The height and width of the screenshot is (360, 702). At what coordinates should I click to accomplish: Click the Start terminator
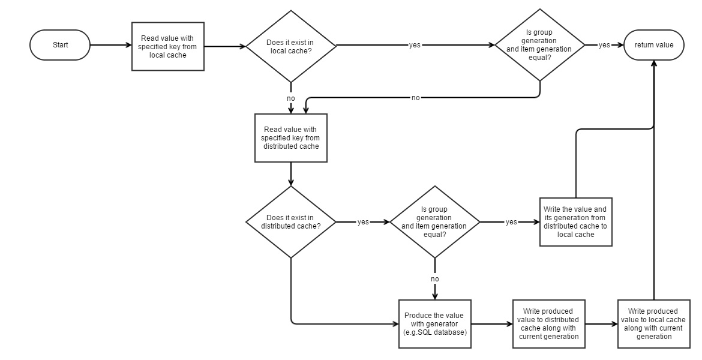coord(60,45)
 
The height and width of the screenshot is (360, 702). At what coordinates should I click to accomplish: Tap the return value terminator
coord(654,45)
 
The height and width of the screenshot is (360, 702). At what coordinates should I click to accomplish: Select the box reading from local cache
coord(168,46)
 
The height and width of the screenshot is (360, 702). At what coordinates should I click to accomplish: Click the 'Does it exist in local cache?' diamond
coord(291,46)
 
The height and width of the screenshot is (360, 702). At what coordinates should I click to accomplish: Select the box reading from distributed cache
coord(291,138)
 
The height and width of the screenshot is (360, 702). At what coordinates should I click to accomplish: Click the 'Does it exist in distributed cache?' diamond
coord(291,222)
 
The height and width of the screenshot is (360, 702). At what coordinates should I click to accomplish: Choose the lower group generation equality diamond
coord(434,222)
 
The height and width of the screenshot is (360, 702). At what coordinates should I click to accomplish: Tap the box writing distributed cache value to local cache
coord(575,222)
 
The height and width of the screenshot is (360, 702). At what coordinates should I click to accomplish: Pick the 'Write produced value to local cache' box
coord(653,324)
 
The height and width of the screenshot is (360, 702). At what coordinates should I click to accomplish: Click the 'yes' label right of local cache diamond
coord(415,46)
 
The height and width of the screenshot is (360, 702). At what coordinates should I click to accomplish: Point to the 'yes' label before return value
coord(604,46)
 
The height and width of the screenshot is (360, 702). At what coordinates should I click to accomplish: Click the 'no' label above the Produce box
coord(434,279)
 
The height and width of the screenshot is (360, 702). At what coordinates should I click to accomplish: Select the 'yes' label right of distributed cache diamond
coord(363,222)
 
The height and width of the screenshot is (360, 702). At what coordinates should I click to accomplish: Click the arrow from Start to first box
coord(110,45)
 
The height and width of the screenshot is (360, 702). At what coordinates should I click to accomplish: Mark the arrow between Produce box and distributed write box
coord(491,324)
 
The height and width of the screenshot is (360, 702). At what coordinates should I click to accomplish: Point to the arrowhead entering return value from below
coord(654,64)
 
